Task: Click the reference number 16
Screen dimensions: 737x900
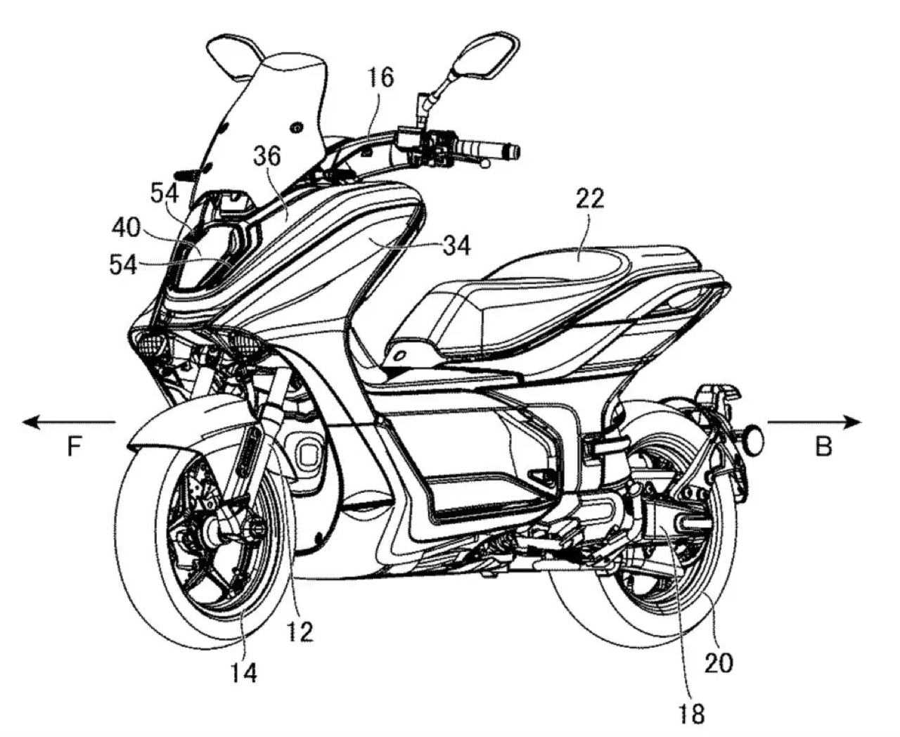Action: point(380,77)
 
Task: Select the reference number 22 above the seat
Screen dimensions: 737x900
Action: point(589,199)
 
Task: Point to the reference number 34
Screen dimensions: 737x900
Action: point(456,245)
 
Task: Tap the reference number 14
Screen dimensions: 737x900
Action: point(241,673)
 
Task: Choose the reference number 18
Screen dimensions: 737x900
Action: point(692,714)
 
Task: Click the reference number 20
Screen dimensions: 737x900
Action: point(718,662)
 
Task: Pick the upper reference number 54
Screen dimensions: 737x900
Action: point(164,192)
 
